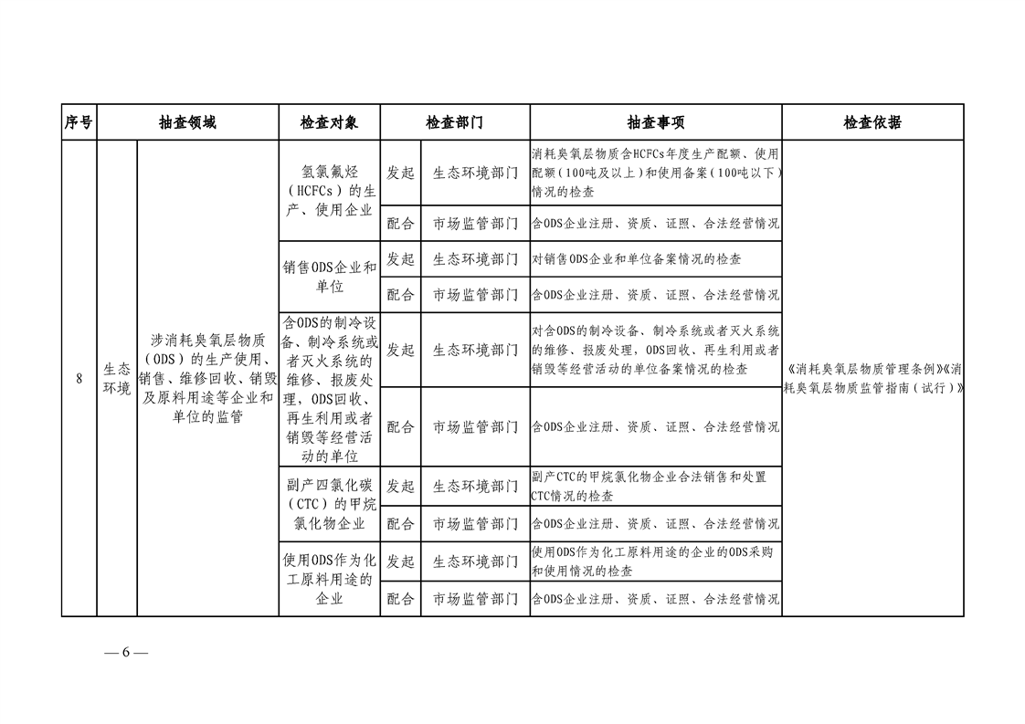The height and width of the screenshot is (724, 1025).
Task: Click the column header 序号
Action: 79,122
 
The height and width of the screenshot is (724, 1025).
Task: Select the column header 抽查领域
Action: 187,122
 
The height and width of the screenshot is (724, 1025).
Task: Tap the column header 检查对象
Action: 329,122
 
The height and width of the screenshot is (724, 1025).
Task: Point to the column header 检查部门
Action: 454,122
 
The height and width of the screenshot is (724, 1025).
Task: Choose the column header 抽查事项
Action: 655,122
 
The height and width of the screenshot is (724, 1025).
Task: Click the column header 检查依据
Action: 872,122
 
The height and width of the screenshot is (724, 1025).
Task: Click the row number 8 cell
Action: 79,379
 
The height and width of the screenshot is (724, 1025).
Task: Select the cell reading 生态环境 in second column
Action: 116,379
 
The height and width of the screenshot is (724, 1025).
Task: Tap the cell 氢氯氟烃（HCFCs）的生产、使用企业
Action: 329,191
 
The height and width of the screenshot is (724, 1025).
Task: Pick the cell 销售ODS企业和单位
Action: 329,277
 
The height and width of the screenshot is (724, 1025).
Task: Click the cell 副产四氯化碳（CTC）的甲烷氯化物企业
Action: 329,504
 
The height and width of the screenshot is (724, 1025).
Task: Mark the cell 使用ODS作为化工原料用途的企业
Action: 329,579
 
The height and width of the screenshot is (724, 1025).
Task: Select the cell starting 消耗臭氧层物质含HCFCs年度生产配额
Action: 655,173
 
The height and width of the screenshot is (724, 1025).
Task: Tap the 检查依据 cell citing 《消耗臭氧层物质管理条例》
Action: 872,379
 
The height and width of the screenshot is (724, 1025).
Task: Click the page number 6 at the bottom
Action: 126,653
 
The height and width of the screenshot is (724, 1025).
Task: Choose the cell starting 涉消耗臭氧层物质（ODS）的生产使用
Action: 207,379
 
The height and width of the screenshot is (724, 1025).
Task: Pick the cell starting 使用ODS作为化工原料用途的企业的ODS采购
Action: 655,562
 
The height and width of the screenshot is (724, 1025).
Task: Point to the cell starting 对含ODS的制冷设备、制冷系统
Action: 655,350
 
